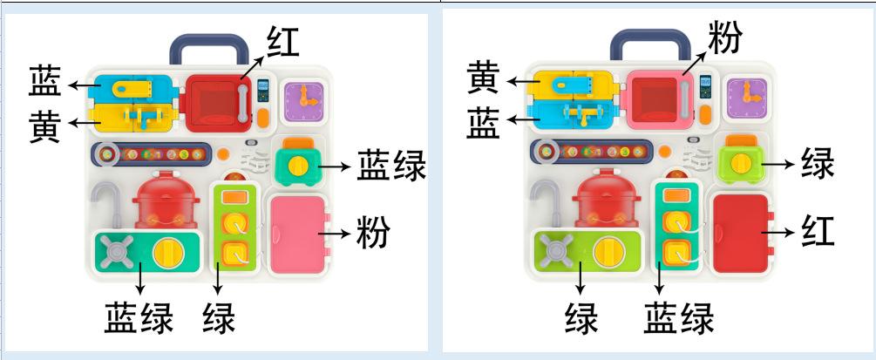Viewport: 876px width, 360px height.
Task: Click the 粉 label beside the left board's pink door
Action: pyautogui.click(x=373, y=233)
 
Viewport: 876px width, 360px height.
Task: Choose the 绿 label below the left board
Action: pyautogui.click(x=219, y=317)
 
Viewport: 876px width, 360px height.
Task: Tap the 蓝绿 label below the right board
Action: pyautogui.click(x=679, y=317)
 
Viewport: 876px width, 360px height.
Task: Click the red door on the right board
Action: pyautogui.click(x=741, y=232)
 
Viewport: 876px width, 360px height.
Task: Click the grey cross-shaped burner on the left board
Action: pyautogui.click(x=116, y=254)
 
